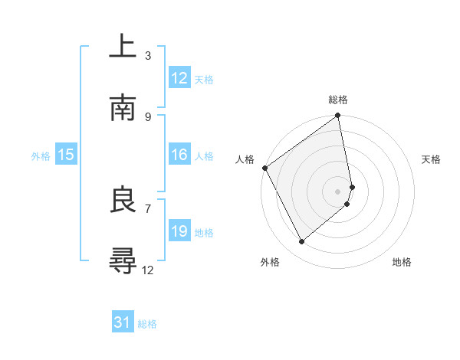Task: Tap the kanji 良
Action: click(123, 201)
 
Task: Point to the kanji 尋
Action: click(123, 262)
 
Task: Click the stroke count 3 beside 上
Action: click(148, 55)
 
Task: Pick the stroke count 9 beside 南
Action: click(148, 116)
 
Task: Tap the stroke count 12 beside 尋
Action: click(148, 270)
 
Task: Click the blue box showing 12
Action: click(179, 78)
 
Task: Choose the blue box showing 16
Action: click(179, 155)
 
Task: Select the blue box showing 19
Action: click(179, 231)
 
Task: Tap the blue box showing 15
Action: click(66, 155)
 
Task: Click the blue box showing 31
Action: click(123, 323)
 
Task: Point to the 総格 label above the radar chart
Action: click(338, 100)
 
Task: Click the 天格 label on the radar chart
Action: click(431, 159)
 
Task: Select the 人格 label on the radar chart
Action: click(245, 159)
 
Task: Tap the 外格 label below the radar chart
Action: click(270, 262)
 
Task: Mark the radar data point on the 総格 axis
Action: click(338, 116)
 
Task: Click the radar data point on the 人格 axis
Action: click(264, 168)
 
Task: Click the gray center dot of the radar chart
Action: click(338, 191)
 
